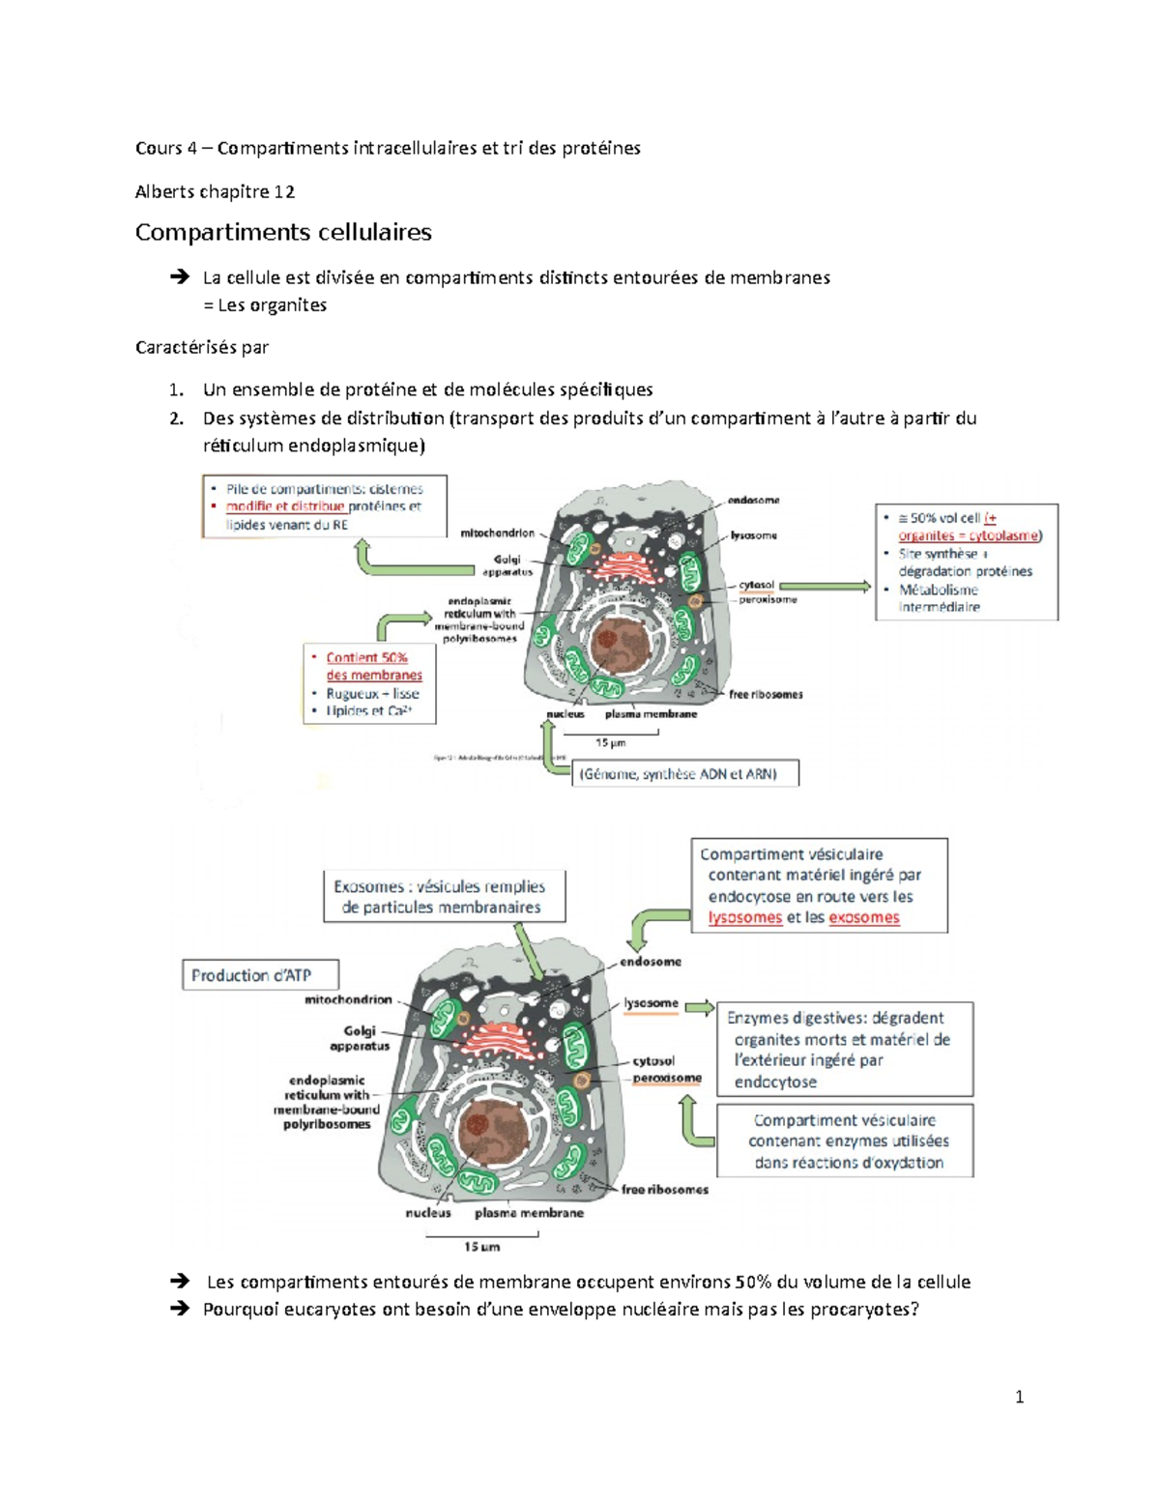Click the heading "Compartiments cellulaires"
tap(283, 232)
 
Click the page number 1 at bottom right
tap(1019, 1397)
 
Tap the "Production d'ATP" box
tap(260, 975)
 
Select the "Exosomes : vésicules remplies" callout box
tap(444, 896)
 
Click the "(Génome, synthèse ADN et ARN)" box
tap(686, 773)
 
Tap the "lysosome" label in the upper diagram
tap(754, 535)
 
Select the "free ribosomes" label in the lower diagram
tap(665, 1190)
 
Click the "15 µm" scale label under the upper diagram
tap(610, 743)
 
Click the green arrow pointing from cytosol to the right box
tap(825, 586)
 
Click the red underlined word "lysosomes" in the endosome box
tap(744, 917)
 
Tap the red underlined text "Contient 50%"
tap(366, 657)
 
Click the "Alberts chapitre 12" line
tap(215, 191)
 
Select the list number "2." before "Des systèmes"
tap(175, 419)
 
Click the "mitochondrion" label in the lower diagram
tap(348, 999)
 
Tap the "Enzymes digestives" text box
tap(844, 1049)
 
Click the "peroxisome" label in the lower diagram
tap(667, 1078)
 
